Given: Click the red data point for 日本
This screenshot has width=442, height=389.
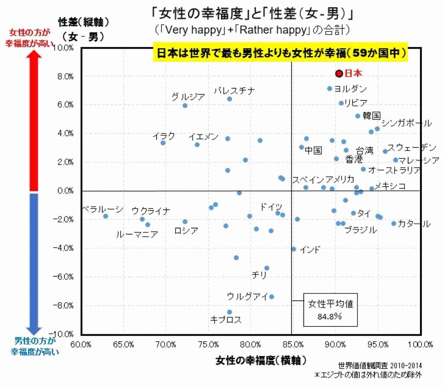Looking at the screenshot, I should pyautogui.click(x=339, y=74).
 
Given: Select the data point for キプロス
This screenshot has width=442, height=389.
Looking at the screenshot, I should pyautogui.click(x=229, y=312).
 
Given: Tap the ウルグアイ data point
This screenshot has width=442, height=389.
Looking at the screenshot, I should pyautogui.click(x=271, y=297).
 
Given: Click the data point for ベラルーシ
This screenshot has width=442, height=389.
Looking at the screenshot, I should pyautogui.click(x=106, y=216).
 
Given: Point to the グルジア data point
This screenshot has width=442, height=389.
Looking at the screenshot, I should pyautogui.click(x=185, y=106).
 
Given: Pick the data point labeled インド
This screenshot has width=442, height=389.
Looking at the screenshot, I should pyautogui.click(x=294, y=249).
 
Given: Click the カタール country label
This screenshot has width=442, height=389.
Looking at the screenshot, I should pyautogui.click(x=414, y=224).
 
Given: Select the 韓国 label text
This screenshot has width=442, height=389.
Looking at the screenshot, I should pyautogui.click(x=371, y=116).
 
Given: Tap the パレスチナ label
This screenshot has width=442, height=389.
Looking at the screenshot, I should pyautogui.click(x=234, y=90).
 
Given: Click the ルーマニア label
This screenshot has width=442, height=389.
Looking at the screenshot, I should pyautogui.click(x=137, y=234).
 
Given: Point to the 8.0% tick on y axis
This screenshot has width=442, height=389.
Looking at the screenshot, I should pyautogui.click(x=65, y=77).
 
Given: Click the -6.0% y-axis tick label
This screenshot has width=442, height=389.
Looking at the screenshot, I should pyautogui.click(x=63, y=277).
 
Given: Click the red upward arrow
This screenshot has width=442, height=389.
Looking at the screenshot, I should pyautogui.click(x=35, y=121).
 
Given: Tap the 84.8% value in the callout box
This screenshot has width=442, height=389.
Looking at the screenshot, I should pyautogui.click(x=330, y=316).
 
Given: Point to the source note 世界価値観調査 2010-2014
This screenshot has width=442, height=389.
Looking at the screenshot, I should pyautogui.click(x=380, y=366).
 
